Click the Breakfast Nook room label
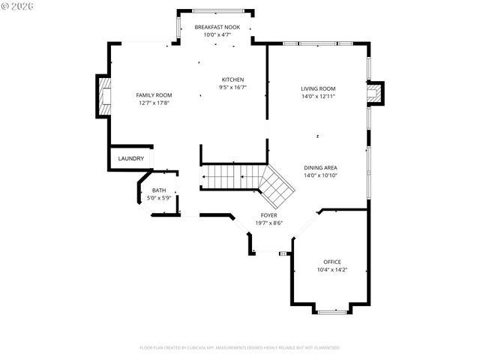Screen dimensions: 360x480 click(216, 27)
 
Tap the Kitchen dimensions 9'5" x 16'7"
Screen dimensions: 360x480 click(232, 88)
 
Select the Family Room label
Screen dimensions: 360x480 click(154, 95)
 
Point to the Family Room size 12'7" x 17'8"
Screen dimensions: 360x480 click(154, 103)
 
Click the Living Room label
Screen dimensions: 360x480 click(318, 88)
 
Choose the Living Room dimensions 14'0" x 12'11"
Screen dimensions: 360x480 click(318, 96)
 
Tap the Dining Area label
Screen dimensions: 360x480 click(320, 168)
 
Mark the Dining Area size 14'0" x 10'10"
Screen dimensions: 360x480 click(320, 175)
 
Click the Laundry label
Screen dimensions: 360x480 click(130, 158)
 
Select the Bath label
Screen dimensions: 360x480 click(159, 190)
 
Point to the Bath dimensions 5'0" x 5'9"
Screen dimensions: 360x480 click(159, 197)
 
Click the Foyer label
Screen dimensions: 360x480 click(268, 215)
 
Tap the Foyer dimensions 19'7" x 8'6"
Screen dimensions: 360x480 click(268, 223)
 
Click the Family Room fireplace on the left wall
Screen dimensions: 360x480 click(104, 95)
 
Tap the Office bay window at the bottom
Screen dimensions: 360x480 click(330, 310)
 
